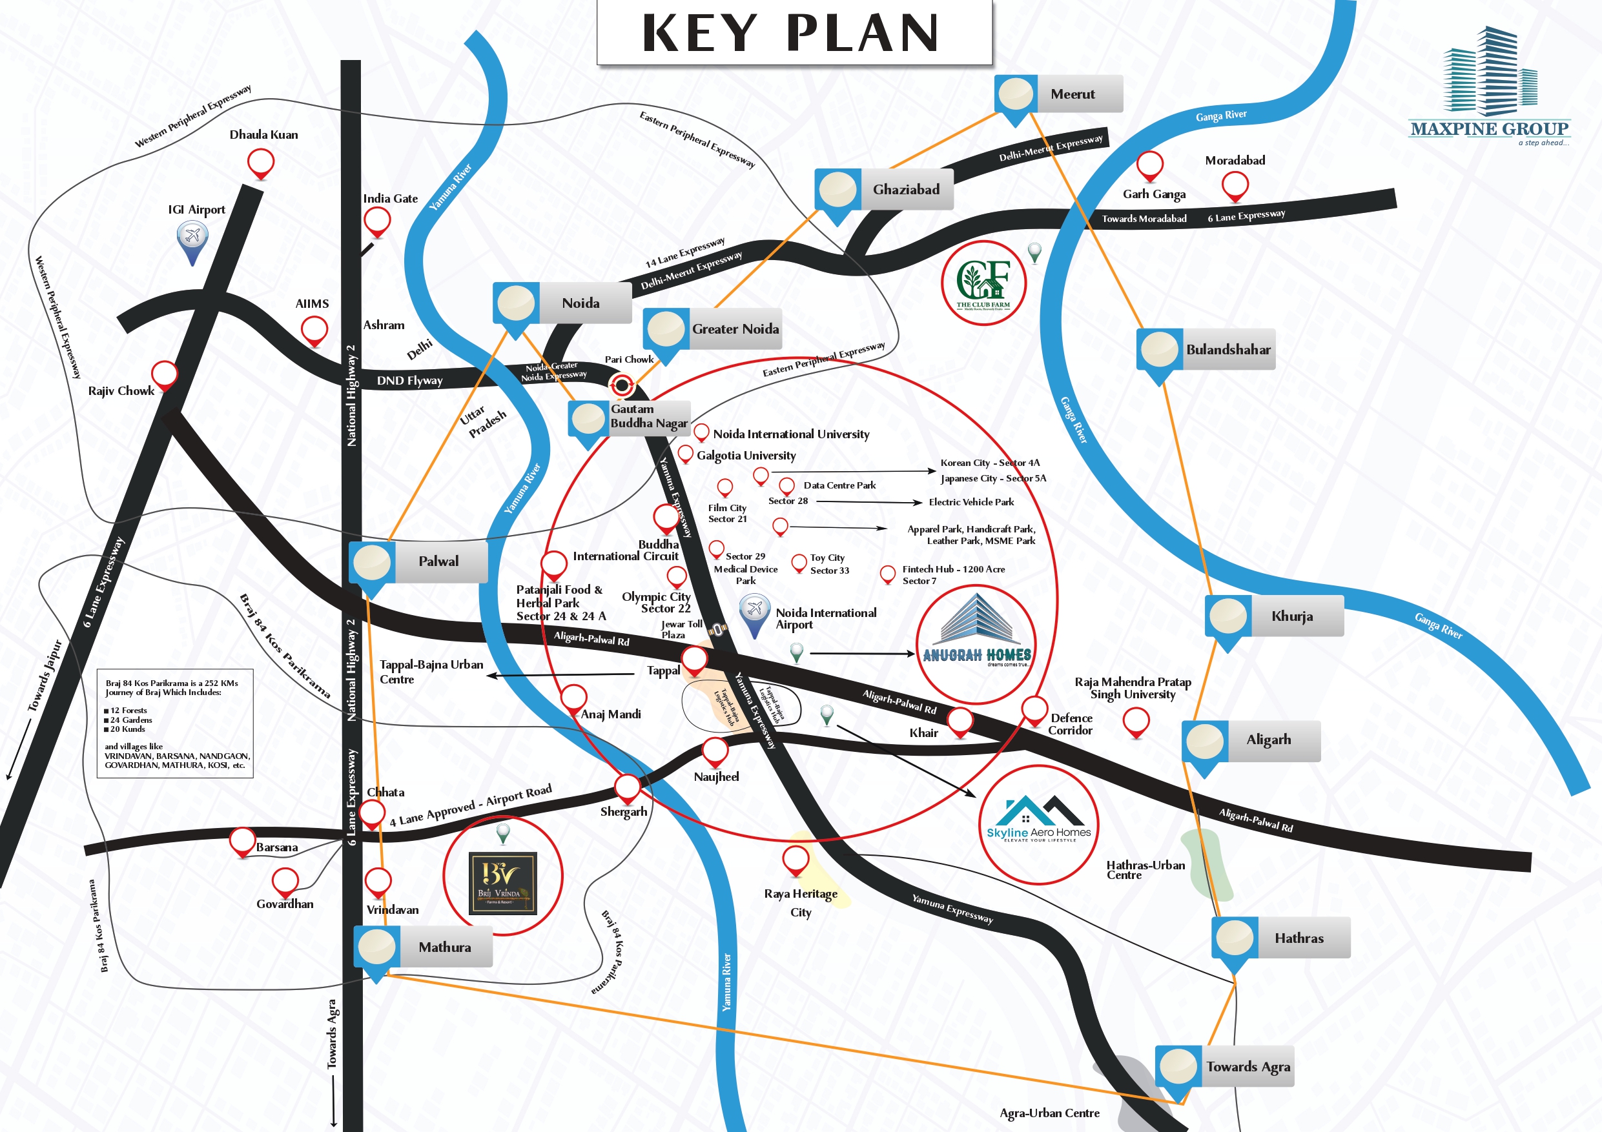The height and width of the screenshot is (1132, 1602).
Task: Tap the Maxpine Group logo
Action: point(1489,87)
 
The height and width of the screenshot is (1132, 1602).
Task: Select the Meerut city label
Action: point(1073,94)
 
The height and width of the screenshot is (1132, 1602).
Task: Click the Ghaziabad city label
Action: point(906,190)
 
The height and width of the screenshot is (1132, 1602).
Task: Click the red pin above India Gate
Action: point(378,223)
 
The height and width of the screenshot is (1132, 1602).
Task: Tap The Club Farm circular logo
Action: point(983,283)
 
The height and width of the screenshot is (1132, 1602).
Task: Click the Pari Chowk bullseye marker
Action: point(621,385)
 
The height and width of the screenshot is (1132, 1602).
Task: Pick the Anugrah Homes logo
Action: point(976,643)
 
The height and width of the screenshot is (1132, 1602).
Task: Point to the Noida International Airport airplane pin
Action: point(754,612)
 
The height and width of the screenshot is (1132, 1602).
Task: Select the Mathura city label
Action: point(444,947)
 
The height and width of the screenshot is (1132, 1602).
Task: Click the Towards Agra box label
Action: point(1248,1066)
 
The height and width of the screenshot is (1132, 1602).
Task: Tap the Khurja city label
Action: point(1291,616)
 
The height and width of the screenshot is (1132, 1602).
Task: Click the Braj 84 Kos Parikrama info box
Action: point(175,723)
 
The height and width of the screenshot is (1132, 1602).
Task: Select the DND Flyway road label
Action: point(409,381)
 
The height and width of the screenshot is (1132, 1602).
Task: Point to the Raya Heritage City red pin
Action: point(796,859)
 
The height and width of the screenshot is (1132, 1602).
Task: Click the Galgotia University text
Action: point(746,456)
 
